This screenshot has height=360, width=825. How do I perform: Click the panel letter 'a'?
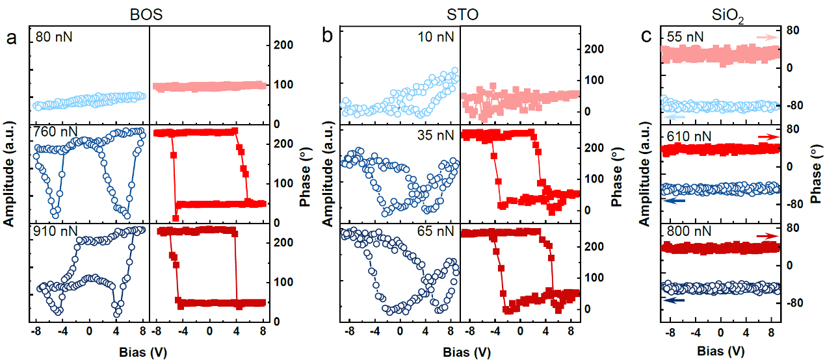pyautogui.click(x=11, y=38)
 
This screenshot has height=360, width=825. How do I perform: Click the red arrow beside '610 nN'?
pyautogui.click(x=768, y=137)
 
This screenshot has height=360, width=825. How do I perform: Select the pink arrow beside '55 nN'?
pyautogui.click(x=768, y=38)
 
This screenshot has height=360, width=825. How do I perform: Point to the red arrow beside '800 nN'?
pyautogui.click(x=768, y=237)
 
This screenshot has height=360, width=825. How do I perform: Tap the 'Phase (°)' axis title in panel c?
pyautogui.click(x=816, y=175)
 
